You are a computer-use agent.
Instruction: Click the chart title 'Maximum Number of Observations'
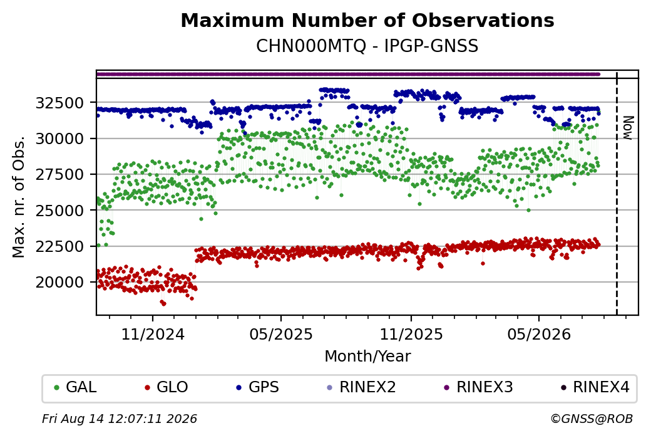367,20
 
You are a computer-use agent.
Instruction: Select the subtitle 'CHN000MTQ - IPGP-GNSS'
367,46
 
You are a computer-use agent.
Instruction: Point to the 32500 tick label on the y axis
60,103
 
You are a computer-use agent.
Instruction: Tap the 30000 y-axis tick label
60,138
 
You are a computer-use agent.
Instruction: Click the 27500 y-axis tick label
60,175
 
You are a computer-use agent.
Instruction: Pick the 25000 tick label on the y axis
60,211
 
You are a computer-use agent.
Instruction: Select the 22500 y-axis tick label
60,246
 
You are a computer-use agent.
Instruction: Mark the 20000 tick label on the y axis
60,282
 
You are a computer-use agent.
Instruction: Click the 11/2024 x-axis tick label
153,334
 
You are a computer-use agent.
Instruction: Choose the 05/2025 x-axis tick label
281,334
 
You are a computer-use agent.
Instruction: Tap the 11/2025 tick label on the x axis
411,334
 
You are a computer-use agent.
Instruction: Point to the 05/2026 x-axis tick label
539,334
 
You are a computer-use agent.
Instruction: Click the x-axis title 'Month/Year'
367,356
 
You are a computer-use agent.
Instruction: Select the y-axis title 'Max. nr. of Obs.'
19,197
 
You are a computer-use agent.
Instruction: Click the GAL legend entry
75,387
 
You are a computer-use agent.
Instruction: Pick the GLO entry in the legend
167,387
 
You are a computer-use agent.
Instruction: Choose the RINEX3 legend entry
478,387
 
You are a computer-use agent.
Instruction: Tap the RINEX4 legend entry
595,387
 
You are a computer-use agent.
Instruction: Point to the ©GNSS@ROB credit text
592,419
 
